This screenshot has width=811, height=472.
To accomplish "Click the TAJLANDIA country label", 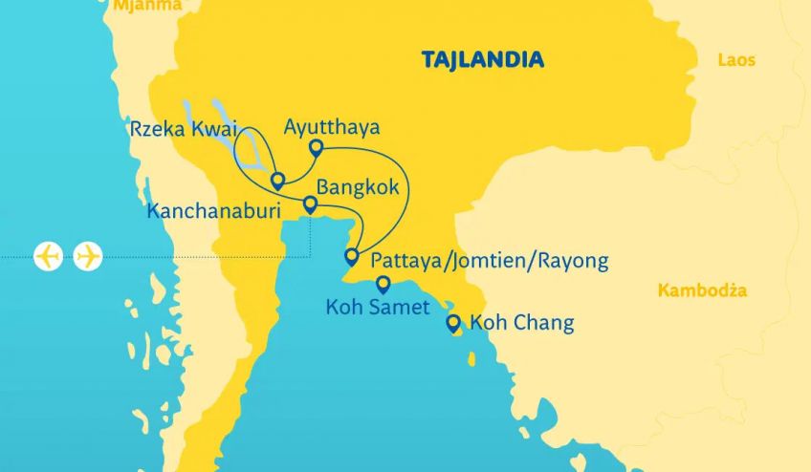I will click(x=483, y=60).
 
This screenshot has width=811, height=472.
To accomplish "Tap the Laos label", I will click(x=735, y=60).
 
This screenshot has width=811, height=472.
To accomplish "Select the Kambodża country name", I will click(x=703, y=290).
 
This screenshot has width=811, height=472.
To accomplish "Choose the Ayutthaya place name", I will click(x=332, y=127).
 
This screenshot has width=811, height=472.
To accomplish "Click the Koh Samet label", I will click(x=378, y=307).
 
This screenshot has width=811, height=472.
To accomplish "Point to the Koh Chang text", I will click(x=522, y=323).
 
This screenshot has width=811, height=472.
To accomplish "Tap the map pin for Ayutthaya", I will click(x=316, y=147).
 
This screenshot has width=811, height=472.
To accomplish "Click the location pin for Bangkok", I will click(x=310, y=204).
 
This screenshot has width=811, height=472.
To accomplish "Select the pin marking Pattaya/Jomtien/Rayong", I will click(x=351, y=255).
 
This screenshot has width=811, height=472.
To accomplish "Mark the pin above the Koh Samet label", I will click(x=384, y=283).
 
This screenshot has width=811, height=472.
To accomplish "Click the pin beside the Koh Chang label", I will click(x=453, y=323).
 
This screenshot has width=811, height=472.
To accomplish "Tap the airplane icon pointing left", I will click(x=48, y=256).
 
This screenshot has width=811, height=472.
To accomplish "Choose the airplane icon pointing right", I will click(x=88, y=256).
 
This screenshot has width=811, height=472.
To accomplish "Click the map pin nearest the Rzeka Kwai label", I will click(x=277, y=180).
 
